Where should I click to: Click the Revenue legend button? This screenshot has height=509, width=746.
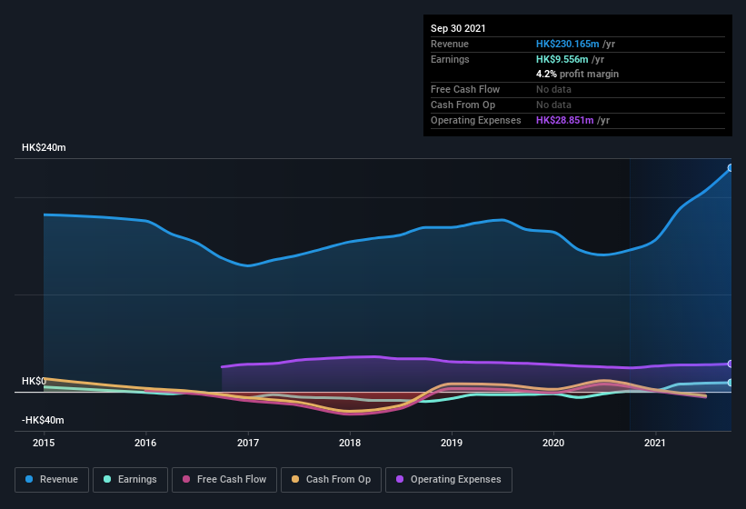tap(52, 479)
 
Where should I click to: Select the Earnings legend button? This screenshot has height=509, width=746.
tap(129, 479)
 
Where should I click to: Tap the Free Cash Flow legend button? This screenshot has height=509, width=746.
tap(224, 479)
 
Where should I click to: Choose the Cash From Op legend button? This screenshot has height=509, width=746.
tap(332, 479)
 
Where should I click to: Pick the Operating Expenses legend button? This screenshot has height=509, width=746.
tap(448, 479)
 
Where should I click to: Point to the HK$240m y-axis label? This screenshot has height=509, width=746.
tap(45, 147)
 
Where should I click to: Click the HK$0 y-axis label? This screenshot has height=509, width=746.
tap(34, 381)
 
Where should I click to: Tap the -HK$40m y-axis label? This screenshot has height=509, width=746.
tap(43, 421)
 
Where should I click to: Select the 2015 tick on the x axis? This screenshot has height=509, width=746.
tap(44, 443)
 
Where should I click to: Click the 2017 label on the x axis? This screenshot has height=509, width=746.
tap(247, 443)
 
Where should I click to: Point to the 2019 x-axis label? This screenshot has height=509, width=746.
tap(452, 443)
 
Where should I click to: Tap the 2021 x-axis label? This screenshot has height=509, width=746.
tap(655, 443)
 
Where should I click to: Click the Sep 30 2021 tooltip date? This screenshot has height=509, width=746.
tap(458, 28)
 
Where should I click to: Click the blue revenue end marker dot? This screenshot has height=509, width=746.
tap(730, 168)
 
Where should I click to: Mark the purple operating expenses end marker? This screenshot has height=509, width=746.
tap(730, 364)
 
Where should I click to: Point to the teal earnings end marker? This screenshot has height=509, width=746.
tap(730, 383)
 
